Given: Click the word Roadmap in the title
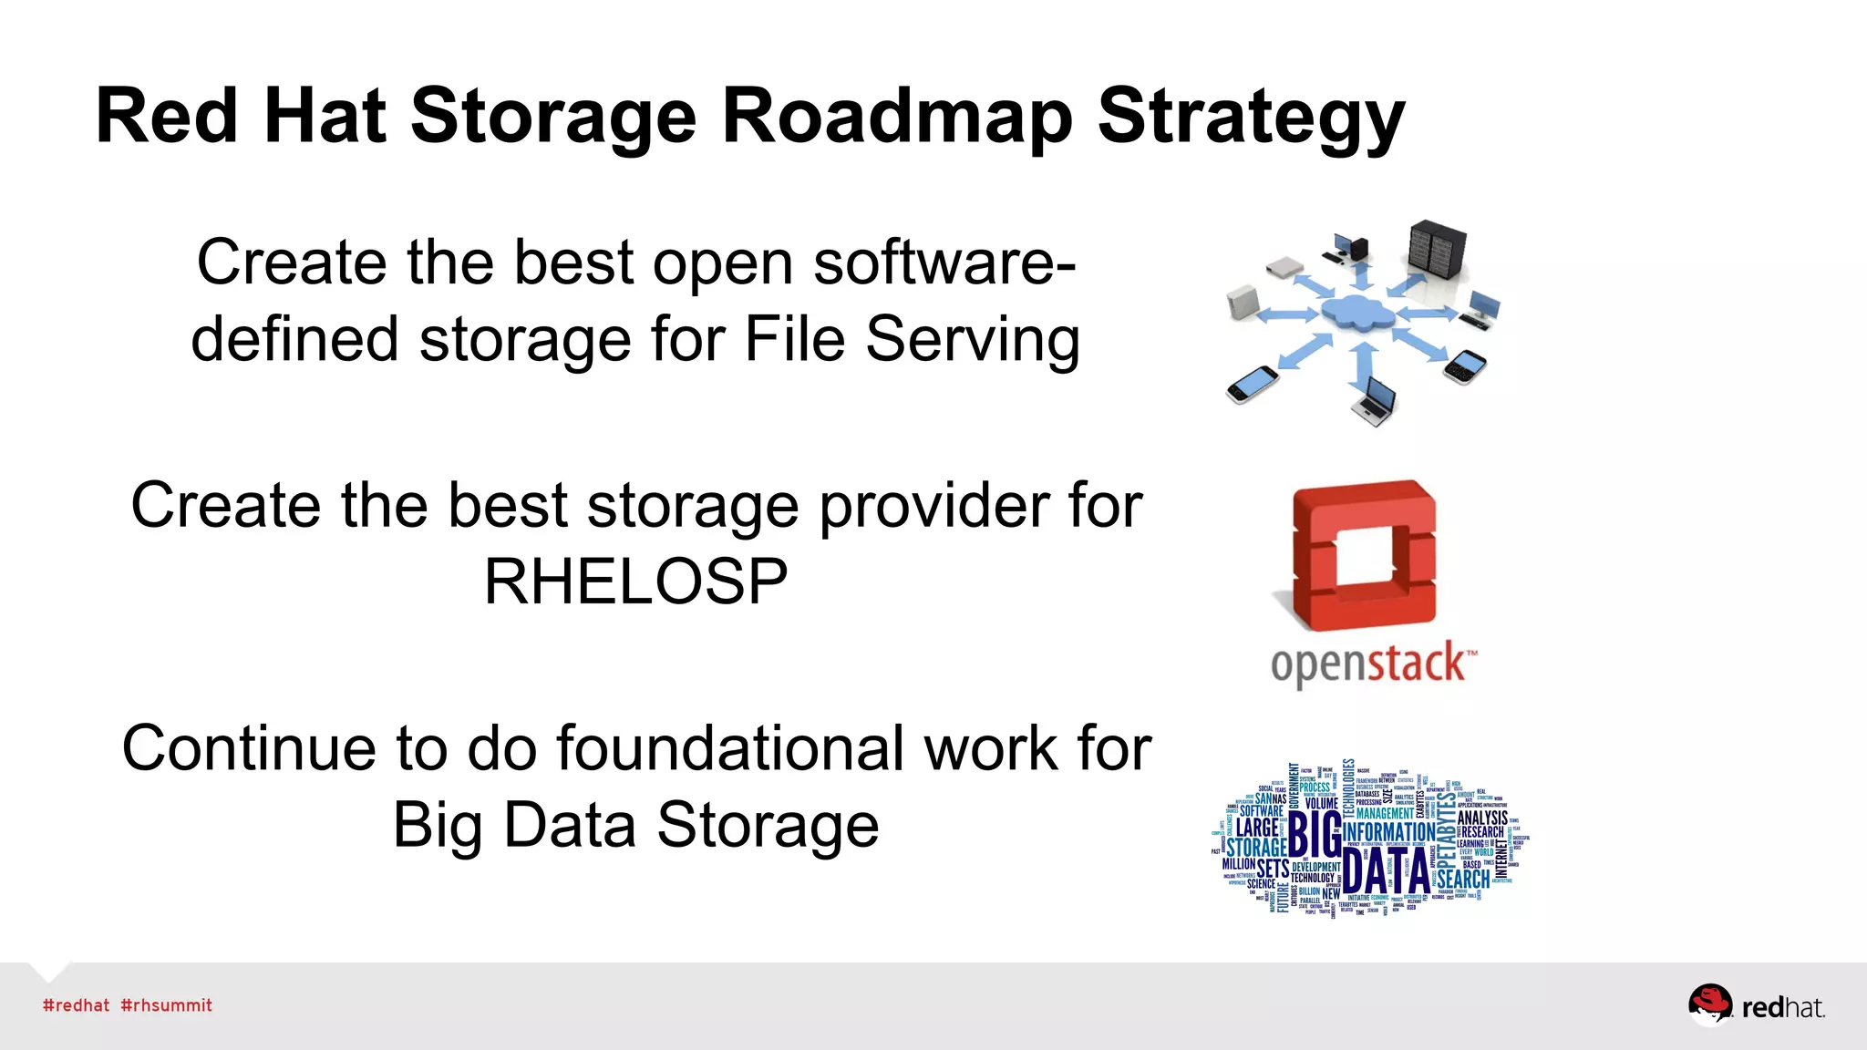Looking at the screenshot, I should (x=897, y=117).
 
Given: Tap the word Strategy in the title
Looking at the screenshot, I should (x=1251, y=117).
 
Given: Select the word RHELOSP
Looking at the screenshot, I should (x=635, y=582).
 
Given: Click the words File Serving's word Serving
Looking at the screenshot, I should (x=972, y=339).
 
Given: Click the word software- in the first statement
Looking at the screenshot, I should (x=944, y=262).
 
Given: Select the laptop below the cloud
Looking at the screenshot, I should (x=1375, y=403).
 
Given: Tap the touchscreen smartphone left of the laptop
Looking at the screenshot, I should (x=1252, y=384).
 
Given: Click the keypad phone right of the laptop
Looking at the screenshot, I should (x=1466, y=366).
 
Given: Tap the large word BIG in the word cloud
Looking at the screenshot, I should (x=1314, y=834).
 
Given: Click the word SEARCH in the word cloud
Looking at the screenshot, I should (x=1463, y=880).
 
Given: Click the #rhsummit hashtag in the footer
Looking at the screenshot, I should (x=166, y=1005).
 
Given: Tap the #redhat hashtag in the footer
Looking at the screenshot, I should (x=76, y=1005).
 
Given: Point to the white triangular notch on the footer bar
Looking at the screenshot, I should (x=49, y=970).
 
